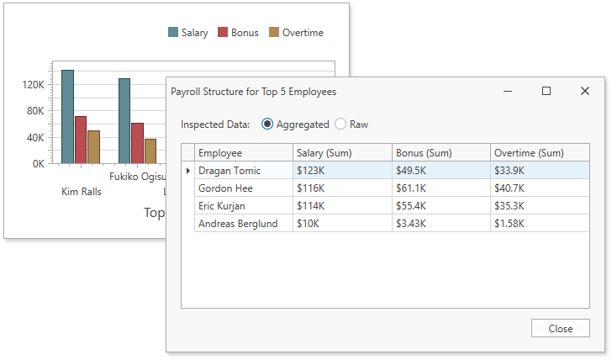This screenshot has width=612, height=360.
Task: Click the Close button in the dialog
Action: click(560, 329)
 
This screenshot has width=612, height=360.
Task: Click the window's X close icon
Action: click(585, 91)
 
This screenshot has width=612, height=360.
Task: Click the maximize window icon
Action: click(546, 91)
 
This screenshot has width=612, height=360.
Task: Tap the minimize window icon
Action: click(508, 91)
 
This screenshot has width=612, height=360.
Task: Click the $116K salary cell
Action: click(342, 188)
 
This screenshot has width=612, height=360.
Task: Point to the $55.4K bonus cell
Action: click(441, 206)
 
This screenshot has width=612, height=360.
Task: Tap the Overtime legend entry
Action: click(296, 33)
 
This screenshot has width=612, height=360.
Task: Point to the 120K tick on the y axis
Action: click(34, 85)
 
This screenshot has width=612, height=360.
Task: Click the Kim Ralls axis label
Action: click(82, 192)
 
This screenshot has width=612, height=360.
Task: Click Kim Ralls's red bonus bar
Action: click(81, 140)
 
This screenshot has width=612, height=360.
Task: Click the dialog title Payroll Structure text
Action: click(253, 92)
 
